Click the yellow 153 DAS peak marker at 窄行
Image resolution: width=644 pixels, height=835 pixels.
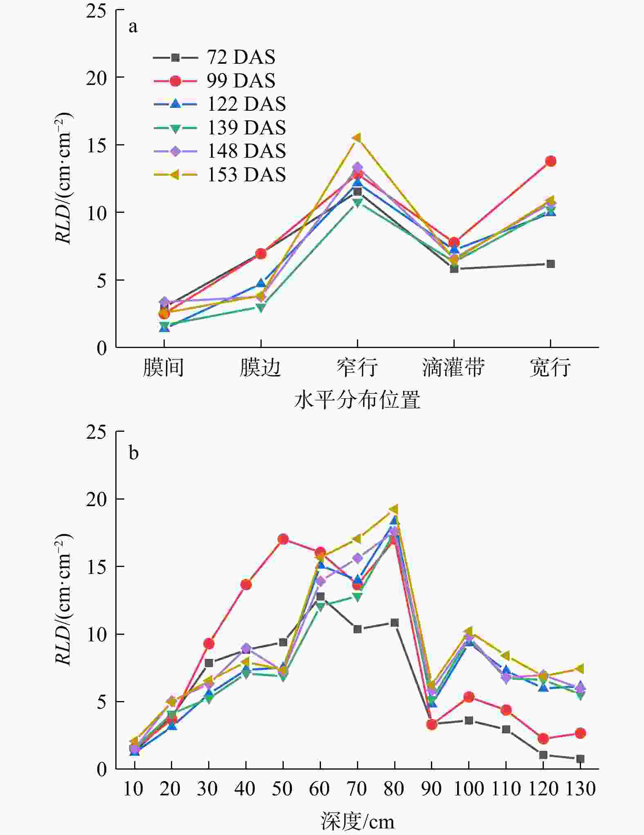pos(357,138)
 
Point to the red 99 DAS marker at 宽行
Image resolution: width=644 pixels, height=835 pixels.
pos(551,161)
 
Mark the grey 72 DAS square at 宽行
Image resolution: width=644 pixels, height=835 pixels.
pos(551,264)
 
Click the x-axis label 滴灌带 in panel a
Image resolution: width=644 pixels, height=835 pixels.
pos(453,367)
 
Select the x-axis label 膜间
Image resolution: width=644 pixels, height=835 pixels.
pos(164,367)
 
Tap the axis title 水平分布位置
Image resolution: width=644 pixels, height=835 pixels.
pos(357,400)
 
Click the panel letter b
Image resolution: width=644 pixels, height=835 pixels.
pos(133,453)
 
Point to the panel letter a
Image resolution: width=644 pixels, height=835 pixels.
pos(133,27)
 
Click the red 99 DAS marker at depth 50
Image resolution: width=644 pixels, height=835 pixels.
pos(283,539)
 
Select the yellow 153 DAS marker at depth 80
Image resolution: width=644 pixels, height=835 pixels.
pos(394,509)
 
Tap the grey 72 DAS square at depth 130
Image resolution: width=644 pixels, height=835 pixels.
pos(580,759)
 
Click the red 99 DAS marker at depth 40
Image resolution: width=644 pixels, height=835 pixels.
pos(246,585)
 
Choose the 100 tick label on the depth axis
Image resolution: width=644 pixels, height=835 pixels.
pos(469,789)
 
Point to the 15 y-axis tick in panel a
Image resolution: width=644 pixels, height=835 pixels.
pos(96,145)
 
